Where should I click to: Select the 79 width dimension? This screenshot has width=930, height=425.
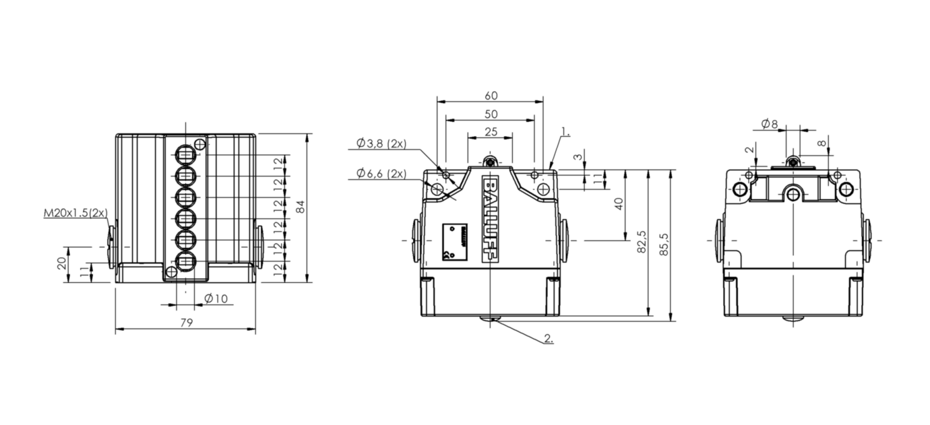tap(187, 323)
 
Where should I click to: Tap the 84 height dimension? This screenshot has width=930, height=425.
tap(301, 208)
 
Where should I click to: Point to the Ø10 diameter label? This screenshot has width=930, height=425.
tap(216, 298)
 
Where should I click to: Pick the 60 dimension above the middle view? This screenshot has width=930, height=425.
tap(491, 96)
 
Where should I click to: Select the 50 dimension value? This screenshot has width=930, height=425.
tap(491, 114)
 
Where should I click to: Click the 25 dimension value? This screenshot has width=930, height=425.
tap(491, 132)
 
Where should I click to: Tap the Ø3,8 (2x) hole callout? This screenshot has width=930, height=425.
tap(381, 143)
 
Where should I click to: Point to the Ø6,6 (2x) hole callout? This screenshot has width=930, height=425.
tap(381, 174)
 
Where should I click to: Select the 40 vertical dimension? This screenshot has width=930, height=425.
tap(619, 204)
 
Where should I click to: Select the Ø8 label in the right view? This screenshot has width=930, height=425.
tap(769, 123)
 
